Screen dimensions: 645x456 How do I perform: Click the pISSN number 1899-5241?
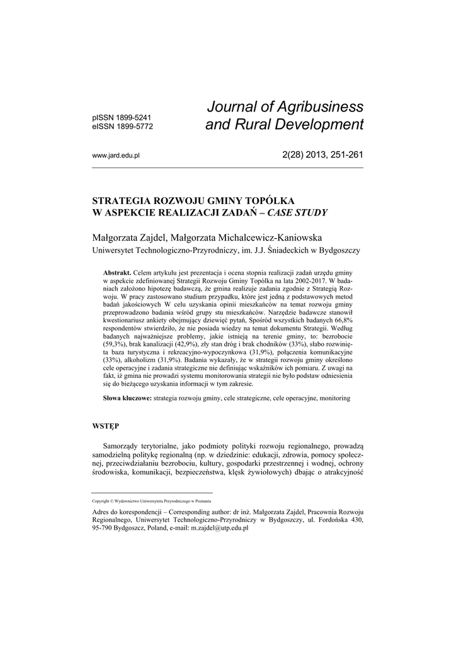tap(133, 117)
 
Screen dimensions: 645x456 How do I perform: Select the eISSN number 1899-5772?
tap(133, 126)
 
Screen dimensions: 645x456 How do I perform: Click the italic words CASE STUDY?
tap(297, 212)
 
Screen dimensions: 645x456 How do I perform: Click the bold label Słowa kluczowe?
tap(127, 399)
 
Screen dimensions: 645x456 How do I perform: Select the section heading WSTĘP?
tap(105, 426)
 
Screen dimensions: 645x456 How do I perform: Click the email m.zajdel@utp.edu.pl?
tap(220, 528)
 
